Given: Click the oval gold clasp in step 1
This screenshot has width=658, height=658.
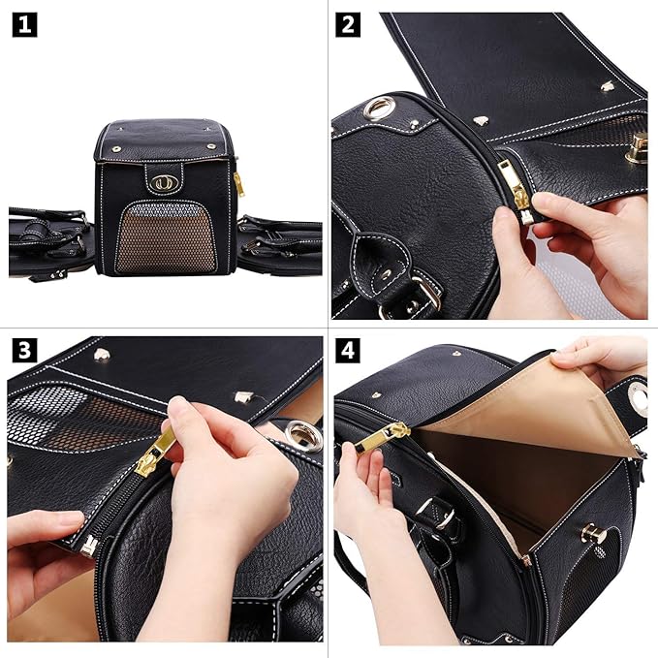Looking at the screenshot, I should tap(161, 180).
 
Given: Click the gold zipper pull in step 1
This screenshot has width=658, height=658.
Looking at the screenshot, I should tap(238, 182).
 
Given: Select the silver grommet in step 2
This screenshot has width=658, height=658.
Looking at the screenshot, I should tap(377, 107).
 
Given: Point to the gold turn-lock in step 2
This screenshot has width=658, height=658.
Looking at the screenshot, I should tap(637, 147).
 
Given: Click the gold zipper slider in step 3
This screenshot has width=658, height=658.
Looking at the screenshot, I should tap(155, 454).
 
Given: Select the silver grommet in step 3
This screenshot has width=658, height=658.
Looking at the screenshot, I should tap(301, 436).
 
